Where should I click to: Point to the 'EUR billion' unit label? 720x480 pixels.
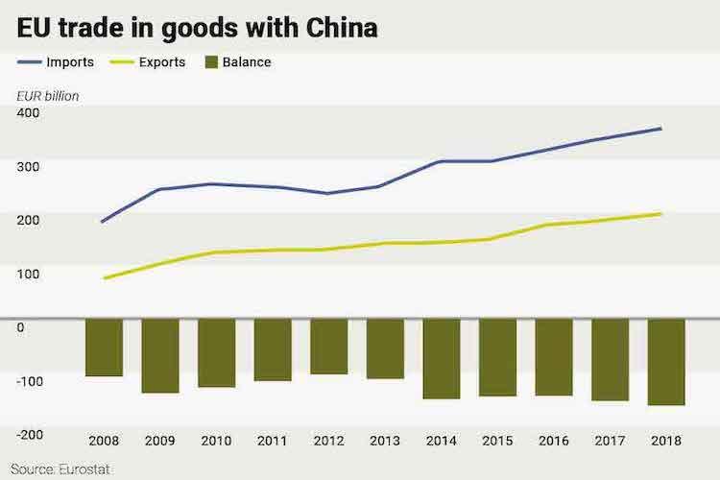coord(47,95)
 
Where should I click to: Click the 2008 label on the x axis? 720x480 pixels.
coord(104,441)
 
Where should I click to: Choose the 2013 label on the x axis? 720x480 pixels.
coord(385,441)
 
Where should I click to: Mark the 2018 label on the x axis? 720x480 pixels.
coord(665,441)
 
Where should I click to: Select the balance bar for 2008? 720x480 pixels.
coord(104,348)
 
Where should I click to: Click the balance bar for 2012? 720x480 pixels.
coord(328,347)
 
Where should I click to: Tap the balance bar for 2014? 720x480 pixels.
coord(441,358)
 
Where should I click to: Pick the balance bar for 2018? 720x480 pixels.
coord(665,362)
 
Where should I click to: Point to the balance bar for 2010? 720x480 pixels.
coord(216,352)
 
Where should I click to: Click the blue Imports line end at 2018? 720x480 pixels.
coord(661,129)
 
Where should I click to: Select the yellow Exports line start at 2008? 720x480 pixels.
coord(104,278)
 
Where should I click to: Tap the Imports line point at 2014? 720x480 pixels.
coord(441,161)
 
